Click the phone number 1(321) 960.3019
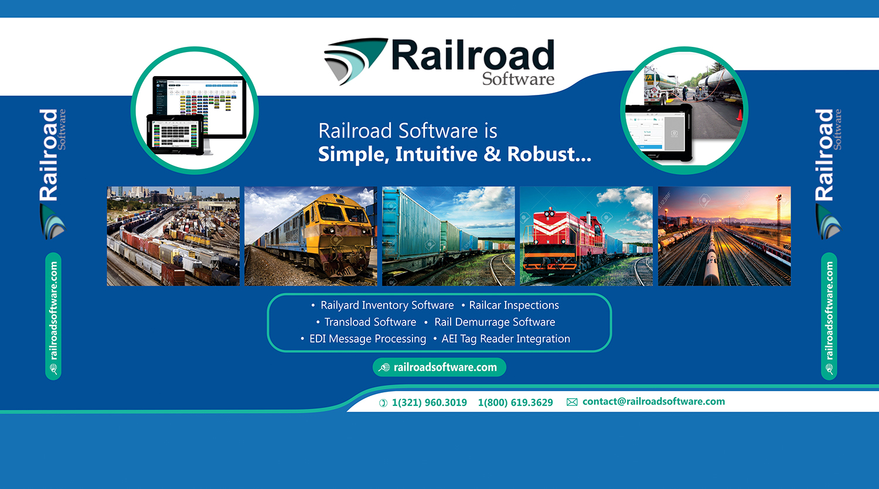[x=429, y=403]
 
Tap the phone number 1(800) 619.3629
[x=515, y=403]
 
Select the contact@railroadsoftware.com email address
[x=653, y=402]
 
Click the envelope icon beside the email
[x=572, y=402]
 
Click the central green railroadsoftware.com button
[x=439, y=367]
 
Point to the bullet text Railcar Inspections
[x=514, y=305]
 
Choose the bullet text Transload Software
[x=370, y=322]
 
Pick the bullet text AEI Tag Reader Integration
[x=505, y=339]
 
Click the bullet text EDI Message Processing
[x=367, y=339]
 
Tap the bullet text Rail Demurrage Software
[x=495, y=322]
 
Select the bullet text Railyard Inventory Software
[x=387, y=305]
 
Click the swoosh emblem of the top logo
[x=353, y=60]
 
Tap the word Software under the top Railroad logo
[x=518, y=79]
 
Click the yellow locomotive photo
[x=311, y=236]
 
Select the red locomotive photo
[x=586, y=236]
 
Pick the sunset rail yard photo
[x=724, y=236]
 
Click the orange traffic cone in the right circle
[x=740, y=114]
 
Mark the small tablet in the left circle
[x=175, y=134]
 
